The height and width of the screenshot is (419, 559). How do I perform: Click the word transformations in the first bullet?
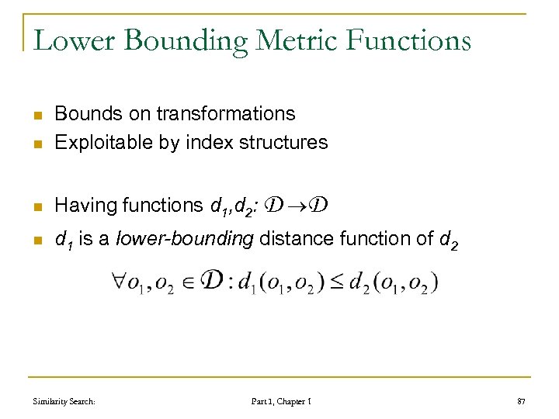(226, 114)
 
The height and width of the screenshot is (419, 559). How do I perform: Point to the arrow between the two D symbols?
(298, 206)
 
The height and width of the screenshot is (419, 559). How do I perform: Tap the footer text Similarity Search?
(64, 401)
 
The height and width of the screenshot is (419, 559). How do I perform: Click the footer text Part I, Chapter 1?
(282, 401)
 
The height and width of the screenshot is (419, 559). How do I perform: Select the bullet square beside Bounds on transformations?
(36, 115)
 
